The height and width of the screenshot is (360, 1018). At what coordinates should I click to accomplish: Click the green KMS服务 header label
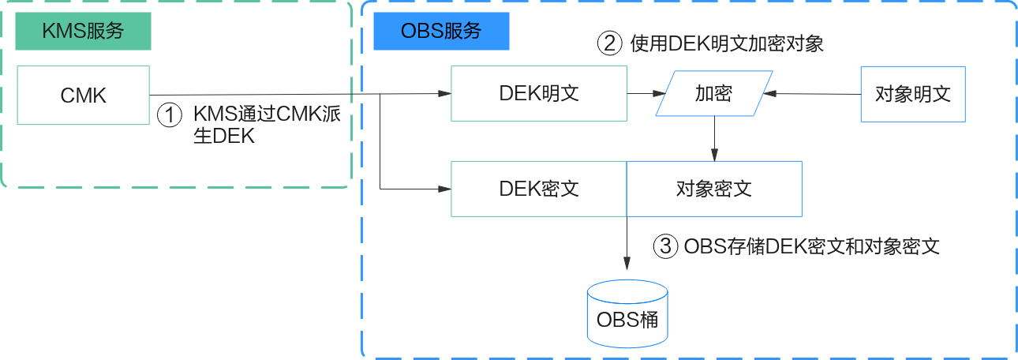[83, 31]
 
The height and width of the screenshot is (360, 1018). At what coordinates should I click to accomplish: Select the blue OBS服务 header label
[441, 31]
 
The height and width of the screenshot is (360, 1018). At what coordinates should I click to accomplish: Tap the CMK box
[83, 95]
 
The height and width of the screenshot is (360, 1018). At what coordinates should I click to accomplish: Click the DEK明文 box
[539, 94]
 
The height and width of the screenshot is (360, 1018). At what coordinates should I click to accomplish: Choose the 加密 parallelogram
[714, 93]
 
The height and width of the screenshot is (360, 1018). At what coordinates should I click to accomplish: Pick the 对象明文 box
[913, 94]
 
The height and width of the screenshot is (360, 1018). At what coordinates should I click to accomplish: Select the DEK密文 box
[539, 189]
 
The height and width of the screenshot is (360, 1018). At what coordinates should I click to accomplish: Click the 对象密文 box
[714, 189]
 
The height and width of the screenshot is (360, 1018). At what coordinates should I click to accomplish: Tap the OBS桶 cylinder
[627, 313]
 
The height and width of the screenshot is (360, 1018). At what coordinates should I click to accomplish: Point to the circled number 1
[170, 115]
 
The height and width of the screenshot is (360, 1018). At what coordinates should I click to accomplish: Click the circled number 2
[609, 43]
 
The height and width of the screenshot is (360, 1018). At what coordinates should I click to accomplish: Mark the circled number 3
[665, 246]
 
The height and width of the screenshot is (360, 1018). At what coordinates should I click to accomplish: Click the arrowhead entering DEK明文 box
[444, 94]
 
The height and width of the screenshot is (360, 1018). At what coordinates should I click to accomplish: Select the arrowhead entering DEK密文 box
[444, 189]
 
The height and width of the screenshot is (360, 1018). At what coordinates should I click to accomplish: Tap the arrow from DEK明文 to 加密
[646, 94]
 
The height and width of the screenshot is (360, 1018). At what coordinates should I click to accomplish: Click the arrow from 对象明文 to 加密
[812, 94]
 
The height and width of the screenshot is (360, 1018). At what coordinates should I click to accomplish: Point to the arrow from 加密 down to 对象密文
[714, 139]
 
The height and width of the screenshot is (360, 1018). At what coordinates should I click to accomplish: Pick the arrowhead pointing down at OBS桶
[627, 264]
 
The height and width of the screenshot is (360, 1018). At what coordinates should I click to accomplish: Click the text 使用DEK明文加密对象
[727, 43]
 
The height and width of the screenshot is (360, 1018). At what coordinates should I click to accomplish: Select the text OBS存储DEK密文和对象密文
[812, 246]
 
